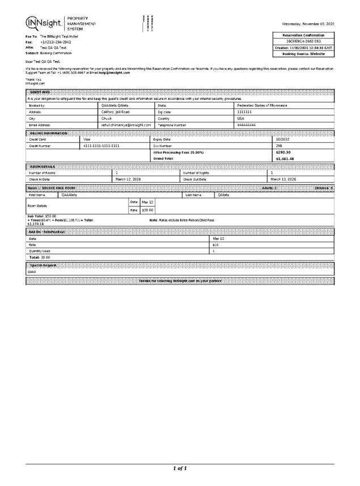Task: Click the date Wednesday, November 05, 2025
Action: click(x=308, y=24)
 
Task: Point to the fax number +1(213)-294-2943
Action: click(x=56, y=42)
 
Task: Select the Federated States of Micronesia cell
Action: click(x=262, y=105)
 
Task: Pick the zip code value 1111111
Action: click(x=244, y=112)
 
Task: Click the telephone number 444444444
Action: click(x=247, y=124)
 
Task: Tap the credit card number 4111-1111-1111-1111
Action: click(x=101, y=146)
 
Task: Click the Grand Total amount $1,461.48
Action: click(x=285, y=159)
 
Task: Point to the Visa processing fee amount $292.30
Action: click(x=283, y=153)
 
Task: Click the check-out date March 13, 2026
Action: click(x=283, y=179)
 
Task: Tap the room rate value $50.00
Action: click(x=147, y=210)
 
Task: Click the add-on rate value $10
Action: click(x=215, y=245)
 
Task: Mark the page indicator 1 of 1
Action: click(x=180, y=468)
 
